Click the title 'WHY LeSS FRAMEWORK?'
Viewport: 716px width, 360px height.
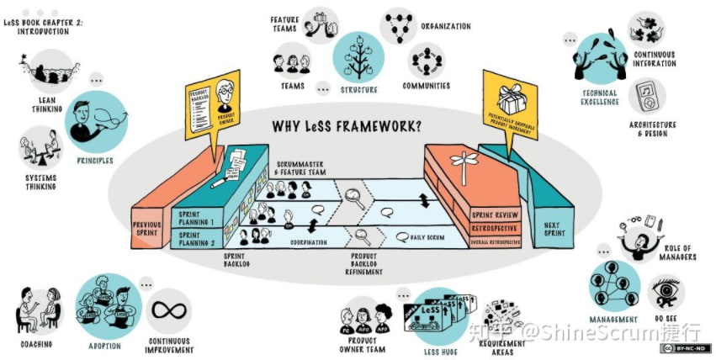tap(347, 126)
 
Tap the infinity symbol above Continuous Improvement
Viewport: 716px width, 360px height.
tap(168, 310)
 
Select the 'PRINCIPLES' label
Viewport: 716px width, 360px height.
tap(95, 160)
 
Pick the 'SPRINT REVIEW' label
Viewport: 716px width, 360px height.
tap(494, 215)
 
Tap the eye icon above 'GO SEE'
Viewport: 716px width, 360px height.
tap(665, 290)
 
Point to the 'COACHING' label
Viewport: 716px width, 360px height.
tap(35, 344)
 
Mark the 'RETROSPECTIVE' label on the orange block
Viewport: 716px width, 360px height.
tap(494, 228)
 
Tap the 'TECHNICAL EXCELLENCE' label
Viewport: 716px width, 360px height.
tap(599, 98)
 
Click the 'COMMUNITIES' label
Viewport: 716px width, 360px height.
tap(426, 85)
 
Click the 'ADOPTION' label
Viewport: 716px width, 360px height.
tap(105, 346)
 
